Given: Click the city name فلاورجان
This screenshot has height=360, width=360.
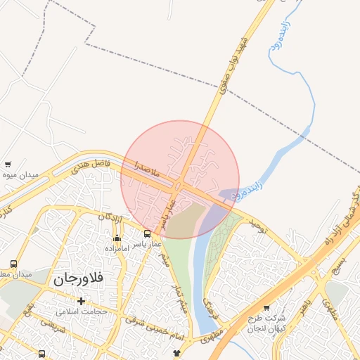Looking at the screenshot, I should click(x=77, y=278).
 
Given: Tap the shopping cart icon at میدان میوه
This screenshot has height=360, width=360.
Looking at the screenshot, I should click(x=7, y=163).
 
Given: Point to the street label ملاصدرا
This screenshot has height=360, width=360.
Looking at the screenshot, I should click(x=148, y=167).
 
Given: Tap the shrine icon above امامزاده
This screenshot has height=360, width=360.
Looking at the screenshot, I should click(x=116, y=238).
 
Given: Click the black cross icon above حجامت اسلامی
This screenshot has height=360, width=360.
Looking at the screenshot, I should click(x=81, y=301).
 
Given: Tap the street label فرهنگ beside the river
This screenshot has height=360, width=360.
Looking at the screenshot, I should click(x=207, y=304).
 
